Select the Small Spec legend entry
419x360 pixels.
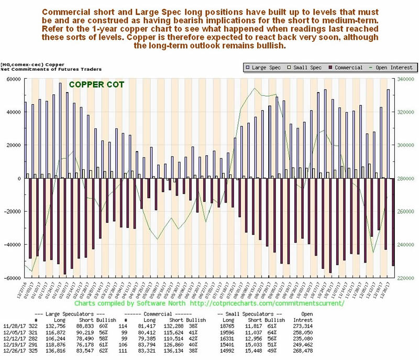coord(302,68)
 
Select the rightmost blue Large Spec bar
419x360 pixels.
coord(388,134)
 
